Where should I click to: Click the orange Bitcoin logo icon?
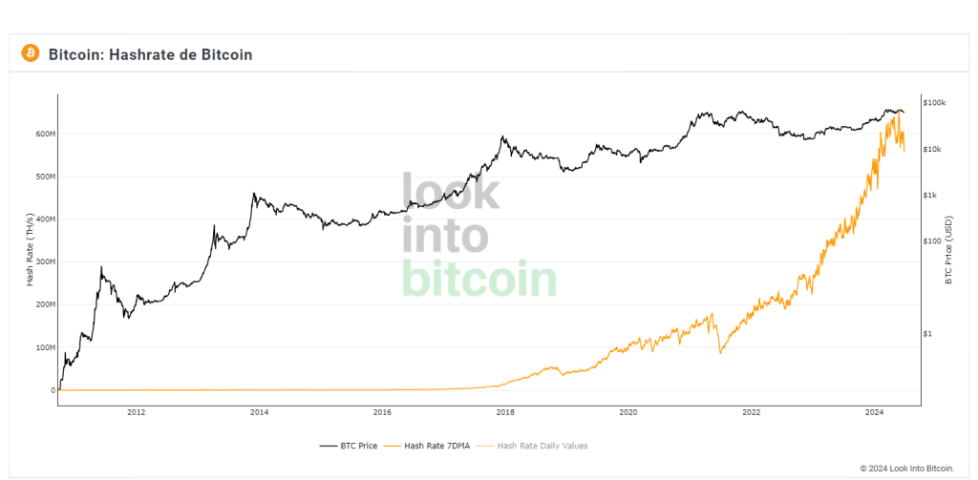tap(30, 53)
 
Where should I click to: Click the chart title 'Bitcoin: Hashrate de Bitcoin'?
tap(150, 54)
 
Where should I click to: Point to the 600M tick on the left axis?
tap(46, 134)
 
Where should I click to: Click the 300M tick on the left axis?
tap(46, 261)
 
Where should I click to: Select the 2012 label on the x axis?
tap(136, 412)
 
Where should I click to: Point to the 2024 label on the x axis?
tap(874, 412)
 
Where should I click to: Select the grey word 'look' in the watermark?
tap(450, 191)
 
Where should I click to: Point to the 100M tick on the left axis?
tap(46, 347)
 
